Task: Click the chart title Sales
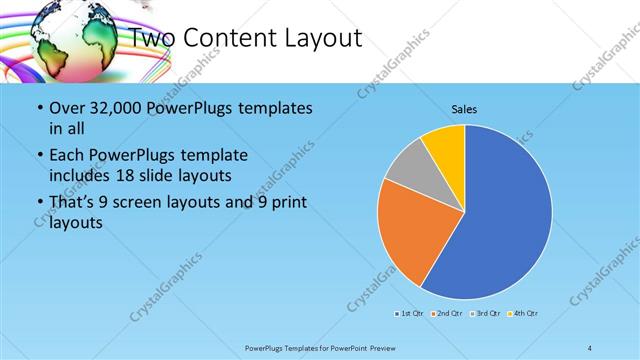464,108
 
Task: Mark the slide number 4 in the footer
589,347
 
